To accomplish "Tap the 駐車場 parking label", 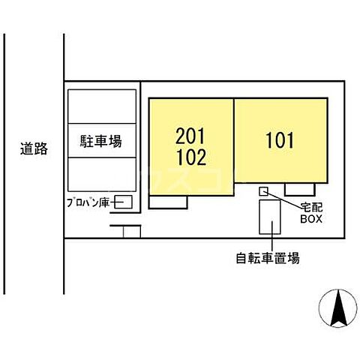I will (x=100, y=140).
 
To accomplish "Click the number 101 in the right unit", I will (x=280, y=139).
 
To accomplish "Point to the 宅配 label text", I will (x=311, y=206).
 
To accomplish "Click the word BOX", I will (x=311, y=219).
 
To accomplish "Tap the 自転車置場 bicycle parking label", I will (x=267, y=259).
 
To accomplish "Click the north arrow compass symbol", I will (x=337, y=309).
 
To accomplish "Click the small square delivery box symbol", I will (x=263, y=192).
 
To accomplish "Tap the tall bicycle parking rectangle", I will (x=266, y=217).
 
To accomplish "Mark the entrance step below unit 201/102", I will (x=167, y=202).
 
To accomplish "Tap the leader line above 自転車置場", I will (x=267, y=241).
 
